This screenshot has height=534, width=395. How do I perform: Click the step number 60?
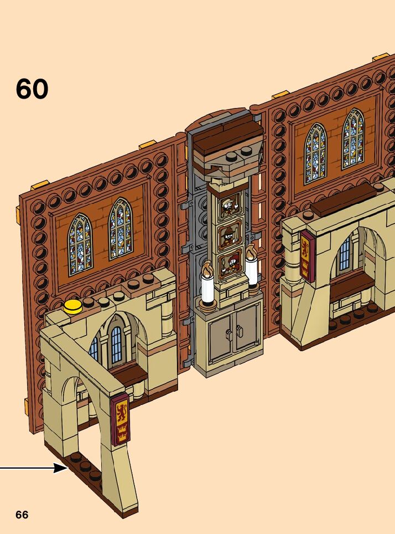(32, 89)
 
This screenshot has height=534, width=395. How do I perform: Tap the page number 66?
(22, 515)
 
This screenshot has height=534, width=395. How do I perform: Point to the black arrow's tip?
(66, 469)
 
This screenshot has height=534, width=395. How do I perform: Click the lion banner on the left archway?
(120, 419)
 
